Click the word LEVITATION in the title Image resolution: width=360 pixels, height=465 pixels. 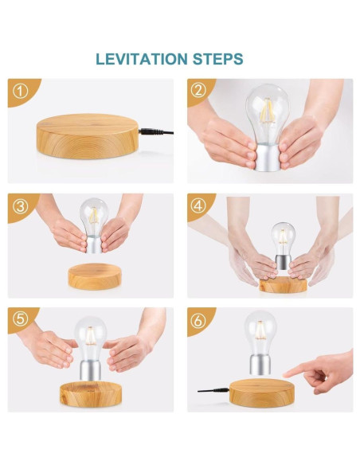pos(142,59)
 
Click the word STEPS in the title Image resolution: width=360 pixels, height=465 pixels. pos(218,59)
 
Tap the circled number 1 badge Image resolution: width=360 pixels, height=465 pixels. pos(21,92)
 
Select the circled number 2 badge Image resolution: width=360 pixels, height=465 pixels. pos(198,91)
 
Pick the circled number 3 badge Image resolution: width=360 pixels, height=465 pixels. pos(21,206)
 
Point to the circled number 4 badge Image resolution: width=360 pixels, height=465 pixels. pos(198,205)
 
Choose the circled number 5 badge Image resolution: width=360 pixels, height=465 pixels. pos(21,319)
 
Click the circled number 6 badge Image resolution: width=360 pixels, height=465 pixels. pos(198,321)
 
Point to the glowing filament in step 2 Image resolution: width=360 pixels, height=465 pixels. pos(268,111)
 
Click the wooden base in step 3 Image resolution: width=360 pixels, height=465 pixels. pos(95,276)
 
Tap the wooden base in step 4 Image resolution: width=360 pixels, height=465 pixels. pos(283,285)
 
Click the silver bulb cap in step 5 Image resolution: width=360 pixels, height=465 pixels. pos(91,369)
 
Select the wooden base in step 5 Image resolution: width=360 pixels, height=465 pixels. pos(91,394)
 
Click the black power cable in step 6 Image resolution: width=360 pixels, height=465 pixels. pos(213,391)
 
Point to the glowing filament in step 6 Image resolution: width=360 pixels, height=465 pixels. pos(260,330)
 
